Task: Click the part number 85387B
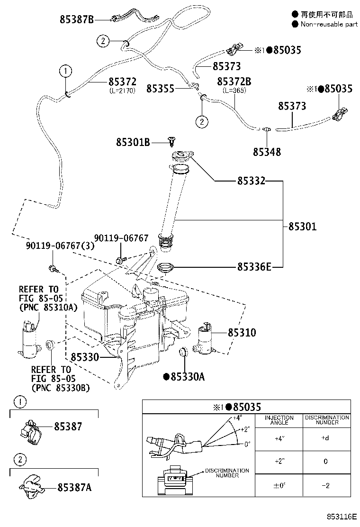click(x=77, y=19)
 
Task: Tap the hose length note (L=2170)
click(x=123, y=91)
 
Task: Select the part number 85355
click(x=161, y=89)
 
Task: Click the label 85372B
click(x=234, y=82)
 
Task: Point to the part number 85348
click(x=267, y=152)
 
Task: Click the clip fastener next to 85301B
click(x=172, y=142)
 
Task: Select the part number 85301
click(x=303, y=226)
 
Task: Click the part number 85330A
click(x=188, y=377)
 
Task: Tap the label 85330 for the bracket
click(x=85, y=357)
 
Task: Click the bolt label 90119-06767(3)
click(x=60, y=245)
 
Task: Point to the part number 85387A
click(x=74, y=487)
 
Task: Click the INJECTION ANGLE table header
click(x=279, y=420)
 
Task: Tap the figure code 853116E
click(x=342, y=517)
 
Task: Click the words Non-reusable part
click(x=329, y=24)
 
